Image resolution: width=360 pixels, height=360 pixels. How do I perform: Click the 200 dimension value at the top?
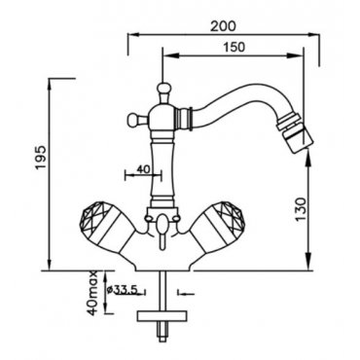click(x=223, y=26)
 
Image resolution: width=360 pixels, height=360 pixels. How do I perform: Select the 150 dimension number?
click(x=234, y=48)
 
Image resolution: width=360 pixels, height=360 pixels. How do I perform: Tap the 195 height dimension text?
click(x=42, y=158)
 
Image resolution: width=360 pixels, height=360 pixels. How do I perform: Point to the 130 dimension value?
click(x=301, y=209)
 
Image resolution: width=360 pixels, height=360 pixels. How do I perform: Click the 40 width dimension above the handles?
click(x=143, y=169)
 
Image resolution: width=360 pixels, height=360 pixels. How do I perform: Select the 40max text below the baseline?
click(x=93, y=294)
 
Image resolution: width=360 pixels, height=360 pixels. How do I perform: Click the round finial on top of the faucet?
click(x=162, y=89)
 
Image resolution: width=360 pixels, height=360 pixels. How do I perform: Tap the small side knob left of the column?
click(x=133, y=120)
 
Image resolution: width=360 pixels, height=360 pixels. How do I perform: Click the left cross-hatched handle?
click(x=102, y=227)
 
